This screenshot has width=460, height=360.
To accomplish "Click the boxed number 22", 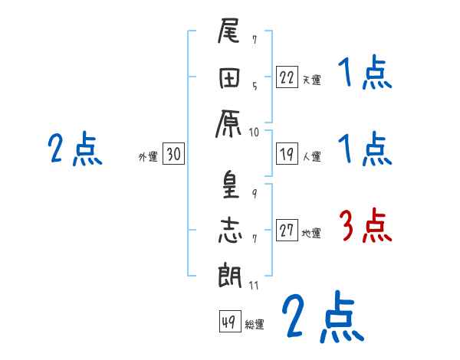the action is (x=287, y=77).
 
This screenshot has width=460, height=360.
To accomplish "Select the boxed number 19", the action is (x=287, y=154).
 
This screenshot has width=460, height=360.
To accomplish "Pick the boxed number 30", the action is (x=173, y=154).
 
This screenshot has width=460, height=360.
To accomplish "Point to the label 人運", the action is (x=311, y=156).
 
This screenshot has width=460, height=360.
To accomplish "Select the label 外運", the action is (x=148, y=156).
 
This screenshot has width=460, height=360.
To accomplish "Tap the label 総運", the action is (x=255, y=324).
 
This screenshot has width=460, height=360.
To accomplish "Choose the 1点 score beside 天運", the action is (x=365, y=76).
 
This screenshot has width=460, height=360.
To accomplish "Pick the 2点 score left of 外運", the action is (x=74, y=149).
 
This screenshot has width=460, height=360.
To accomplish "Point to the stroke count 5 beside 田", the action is (x=255, y=85).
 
